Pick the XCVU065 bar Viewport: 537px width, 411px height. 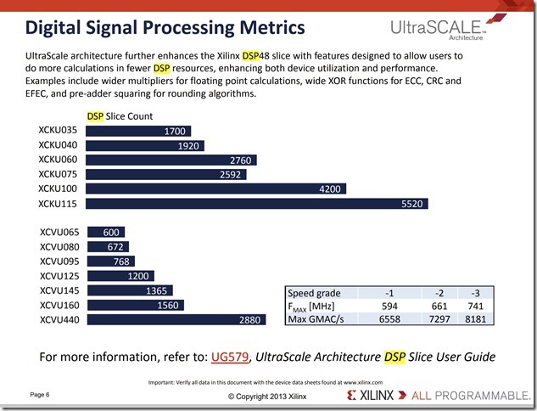click(x=106, y=232)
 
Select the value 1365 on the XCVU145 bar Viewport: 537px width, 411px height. click(x=154, y=290)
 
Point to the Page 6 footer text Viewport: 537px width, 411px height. click(x=40, y=394)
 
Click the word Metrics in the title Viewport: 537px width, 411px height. click(x=260, y=28)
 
